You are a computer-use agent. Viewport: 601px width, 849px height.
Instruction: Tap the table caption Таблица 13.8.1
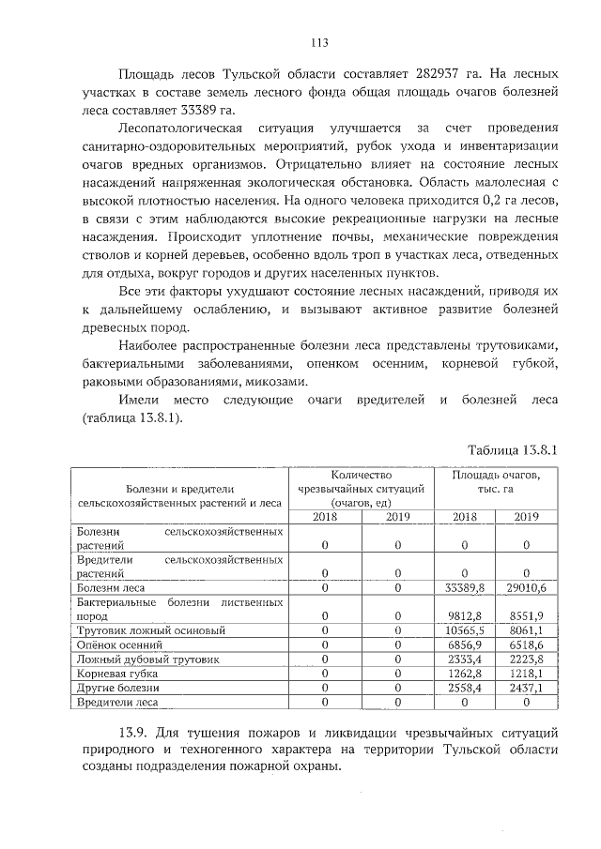(x=513, y=450)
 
